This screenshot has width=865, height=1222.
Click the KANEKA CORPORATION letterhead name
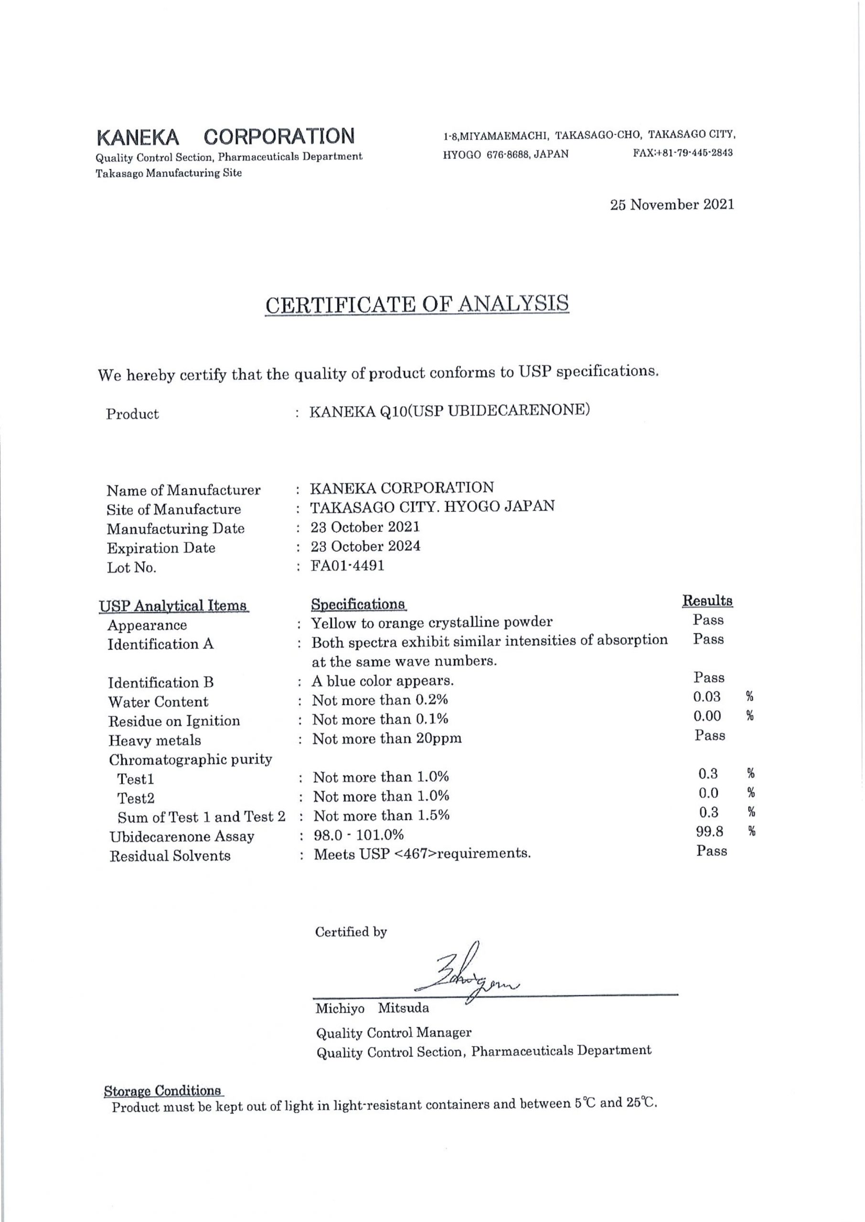click(x=225, y=137)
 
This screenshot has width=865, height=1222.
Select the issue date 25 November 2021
click(x=672, y=204)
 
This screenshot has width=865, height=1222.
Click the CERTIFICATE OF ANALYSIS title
click(x=417, y=305)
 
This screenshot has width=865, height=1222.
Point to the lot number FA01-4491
click(x=348, y=566)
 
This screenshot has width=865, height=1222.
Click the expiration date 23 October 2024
click(x=365, y=547)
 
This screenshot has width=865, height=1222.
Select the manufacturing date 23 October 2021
click(x=365, y=527)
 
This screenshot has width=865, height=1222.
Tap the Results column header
click(x=707, y=601)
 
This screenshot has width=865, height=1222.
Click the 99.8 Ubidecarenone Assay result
click(x=709, y=832)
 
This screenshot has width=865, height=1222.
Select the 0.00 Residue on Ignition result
click(x=707, y=716)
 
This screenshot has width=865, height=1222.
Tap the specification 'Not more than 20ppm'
click(x=387, y=739)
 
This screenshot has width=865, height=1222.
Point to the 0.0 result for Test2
click(x=708, y=793)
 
